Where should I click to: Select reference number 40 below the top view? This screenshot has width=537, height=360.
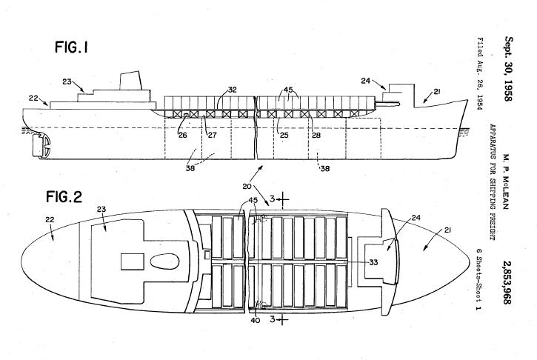click(x=254, y=321)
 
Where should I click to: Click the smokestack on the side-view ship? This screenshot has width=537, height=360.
click(x=132, y=81)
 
